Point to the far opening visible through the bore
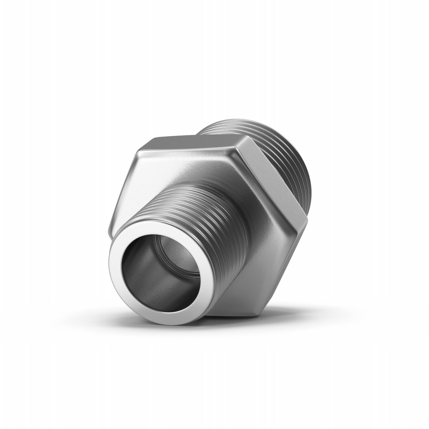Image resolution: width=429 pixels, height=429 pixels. click(181, 262)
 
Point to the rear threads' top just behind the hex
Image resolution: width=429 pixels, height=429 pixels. click(222, 127)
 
